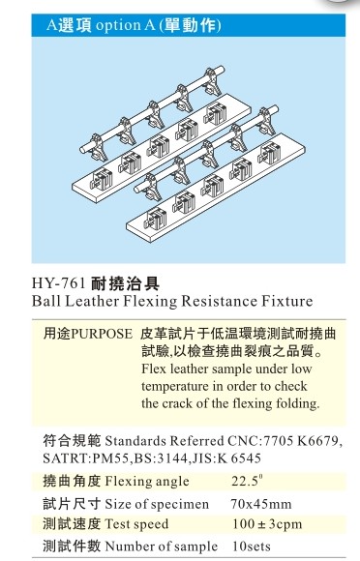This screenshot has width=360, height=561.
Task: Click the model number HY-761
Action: [59, 283]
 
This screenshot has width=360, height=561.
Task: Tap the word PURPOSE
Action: [102, 334]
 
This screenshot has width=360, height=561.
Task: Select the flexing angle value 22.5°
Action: [248, 480]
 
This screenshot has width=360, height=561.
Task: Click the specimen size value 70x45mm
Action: [261, 504]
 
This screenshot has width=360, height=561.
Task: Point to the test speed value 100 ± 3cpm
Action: [267, 524]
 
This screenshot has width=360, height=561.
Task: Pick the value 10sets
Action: [252, 546]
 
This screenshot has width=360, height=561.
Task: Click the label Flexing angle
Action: [147, 482]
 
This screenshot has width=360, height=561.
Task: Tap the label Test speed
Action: [136, 524]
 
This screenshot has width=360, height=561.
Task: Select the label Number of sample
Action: [161, 546]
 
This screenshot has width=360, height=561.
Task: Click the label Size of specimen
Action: [157, 504]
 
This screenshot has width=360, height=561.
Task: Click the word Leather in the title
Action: [92, 301]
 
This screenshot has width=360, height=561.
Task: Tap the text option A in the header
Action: [125, 25]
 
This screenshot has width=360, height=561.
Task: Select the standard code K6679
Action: [319, 441]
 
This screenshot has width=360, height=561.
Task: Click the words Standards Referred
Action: [164, 441]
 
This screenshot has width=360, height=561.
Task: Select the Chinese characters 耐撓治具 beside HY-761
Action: [126, 283]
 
